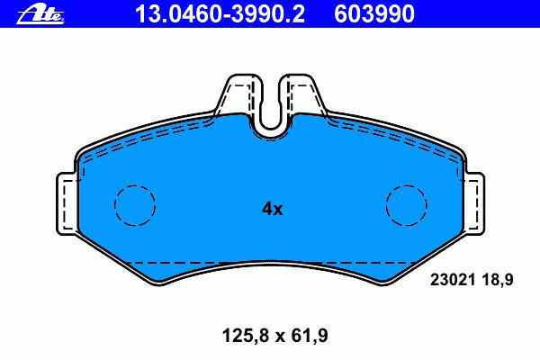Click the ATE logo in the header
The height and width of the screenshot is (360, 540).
[x=40, y=14]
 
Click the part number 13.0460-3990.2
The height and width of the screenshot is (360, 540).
[x=220, y=13]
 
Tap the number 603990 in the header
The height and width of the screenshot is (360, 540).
[x=374, y=13]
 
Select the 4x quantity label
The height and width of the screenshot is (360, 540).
[x=272, y=209]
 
